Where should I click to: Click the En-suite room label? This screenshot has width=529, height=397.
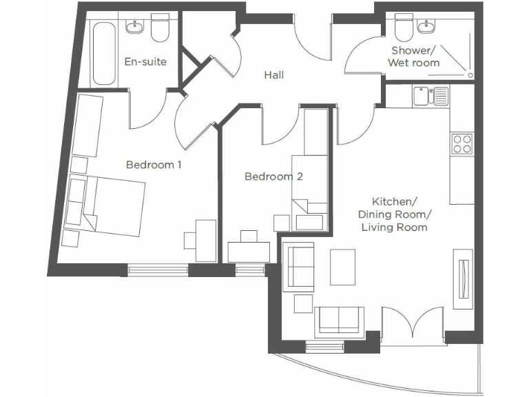[x=145, y=61]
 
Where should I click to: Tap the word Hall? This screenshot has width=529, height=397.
[x=274, y=75]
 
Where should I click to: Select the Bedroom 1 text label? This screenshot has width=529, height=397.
[x=154, y=165]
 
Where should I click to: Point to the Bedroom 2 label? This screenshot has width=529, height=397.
[x=273, y=176]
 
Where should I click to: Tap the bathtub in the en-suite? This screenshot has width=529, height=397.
[x=104, y=54]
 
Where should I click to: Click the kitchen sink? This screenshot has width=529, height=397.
[x=431, y=95]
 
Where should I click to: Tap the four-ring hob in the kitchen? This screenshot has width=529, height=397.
[x=461, y=143]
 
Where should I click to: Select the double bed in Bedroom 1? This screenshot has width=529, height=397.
[x=114, y=203]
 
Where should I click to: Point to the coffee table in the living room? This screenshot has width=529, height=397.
[x=342, y=267]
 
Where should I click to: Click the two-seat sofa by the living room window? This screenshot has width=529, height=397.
[x=340, y=321]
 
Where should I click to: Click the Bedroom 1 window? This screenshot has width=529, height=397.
[x=158, y=269]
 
